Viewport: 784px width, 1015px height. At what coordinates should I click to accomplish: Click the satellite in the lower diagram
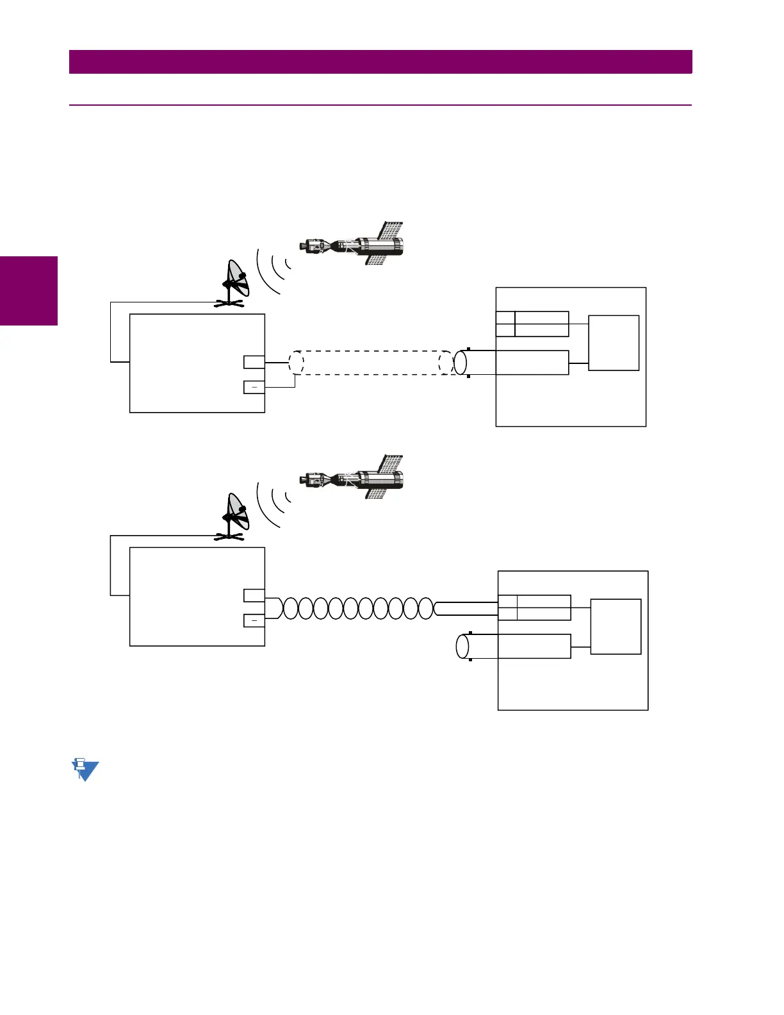pyautogui.click(x=352, y=478)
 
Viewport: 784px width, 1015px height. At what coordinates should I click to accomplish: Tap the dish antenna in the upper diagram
pyautogui.click(x=234, y=283)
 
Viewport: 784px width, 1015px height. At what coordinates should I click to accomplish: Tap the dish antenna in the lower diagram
pyautogui.click(x=234, y=516)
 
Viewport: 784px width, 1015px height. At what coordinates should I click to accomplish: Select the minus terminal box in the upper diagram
pyautogui.click(x=254, y=387)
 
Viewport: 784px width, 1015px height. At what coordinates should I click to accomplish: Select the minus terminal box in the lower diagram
pyautogui.click(x=254, y=620)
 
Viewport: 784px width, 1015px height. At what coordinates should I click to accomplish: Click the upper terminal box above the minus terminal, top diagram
pyautogui.click(x=254, y=362)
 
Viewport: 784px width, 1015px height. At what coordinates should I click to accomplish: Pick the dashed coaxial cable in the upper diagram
pyautogui.click(x=372, y=363)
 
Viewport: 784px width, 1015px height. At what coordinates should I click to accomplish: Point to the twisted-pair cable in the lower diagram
pyautogui.click(x=359, y=607)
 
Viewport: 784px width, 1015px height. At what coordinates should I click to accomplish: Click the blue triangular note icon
pyautogui.click(x=85, y=770)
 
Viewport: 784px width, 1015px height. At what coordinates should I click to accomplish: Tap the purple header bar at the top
pyautogui.click(x=380, y=62)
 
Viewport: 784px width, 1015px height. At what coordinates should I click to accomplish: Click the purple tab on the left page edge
pyautogui.click(x=29, y=291)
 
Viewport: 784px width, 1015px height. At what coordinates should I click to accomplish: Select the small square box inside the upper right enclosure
pyautogui.click(x=614, y=343)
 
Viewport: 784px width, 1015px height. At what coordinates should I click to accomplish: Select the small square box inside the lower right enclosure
pyautogui.click(x=616, y=627)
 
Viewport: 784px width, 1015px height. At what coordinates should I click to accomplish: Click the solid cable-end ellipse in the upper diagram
pyautogui.click(x=461, y=363)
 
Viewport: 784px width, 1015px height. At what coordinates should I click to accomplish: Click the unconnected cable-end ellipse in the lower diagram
pyautogui.click(x=462, y=646)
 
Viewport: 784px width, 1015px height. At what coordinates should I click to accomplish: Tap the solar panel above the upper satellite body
pyautogui.click(x=392, y=229)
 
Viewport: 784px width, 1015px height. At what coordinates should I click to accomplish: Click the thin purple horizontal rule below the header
pyautogui.click(x=380, y=104)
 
